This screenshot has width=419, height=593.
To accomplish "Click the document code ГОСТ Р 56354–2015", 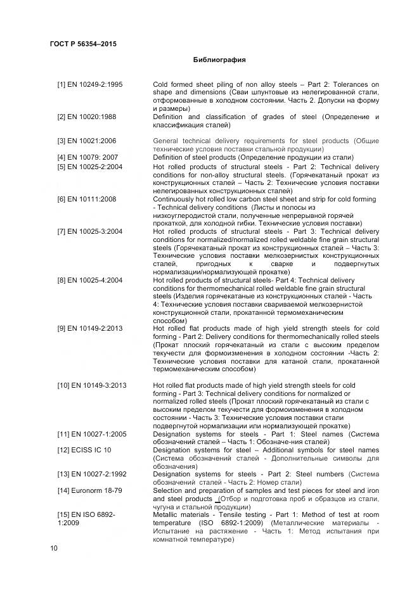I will (x=83, y=44).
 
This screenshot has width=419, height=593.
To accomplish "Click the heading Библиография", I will (x=219, y=60).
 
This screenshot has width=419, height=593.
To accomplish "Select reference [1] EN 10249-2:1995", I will (x=89, y=84).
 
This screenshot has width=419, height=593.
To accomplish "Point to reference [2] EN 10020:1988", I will (x=86, y=117).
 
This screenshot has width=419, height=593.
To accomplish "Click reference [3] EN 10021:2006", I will (x=86, y=141).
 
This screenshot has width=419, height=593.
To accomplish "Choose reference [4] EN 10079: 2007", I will (x=87, y=157).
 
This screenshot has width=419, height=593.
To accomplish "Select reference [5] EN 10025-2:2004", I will (x=89, y=167).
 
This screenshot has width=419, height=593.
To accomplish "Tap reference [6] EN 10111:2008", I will (x=86, y=199).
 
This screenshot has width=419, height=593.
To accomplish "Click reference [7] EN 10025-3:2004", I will (x=89, y=231).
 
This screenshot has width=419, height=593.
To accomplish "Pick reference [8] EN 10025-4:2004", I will (x=89, y=280).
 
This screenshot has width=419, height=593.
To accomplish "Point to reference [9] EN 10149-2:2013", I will (x=89, y=329).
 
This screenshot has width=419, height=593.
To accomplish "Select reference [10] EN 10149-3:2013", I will (x=92, y=385).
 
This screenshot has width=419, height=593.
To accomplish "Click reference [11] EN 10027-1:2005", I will (x=92, y=434).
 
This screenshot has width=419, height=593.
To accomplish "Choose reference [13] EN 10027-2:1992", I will (x=92, y=474).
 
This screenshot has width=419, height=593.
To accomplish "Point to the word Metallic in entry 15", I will (x=166, y=515).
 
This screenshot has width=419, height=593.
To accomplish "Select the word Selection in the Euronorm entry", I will (x=169, y=490).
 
